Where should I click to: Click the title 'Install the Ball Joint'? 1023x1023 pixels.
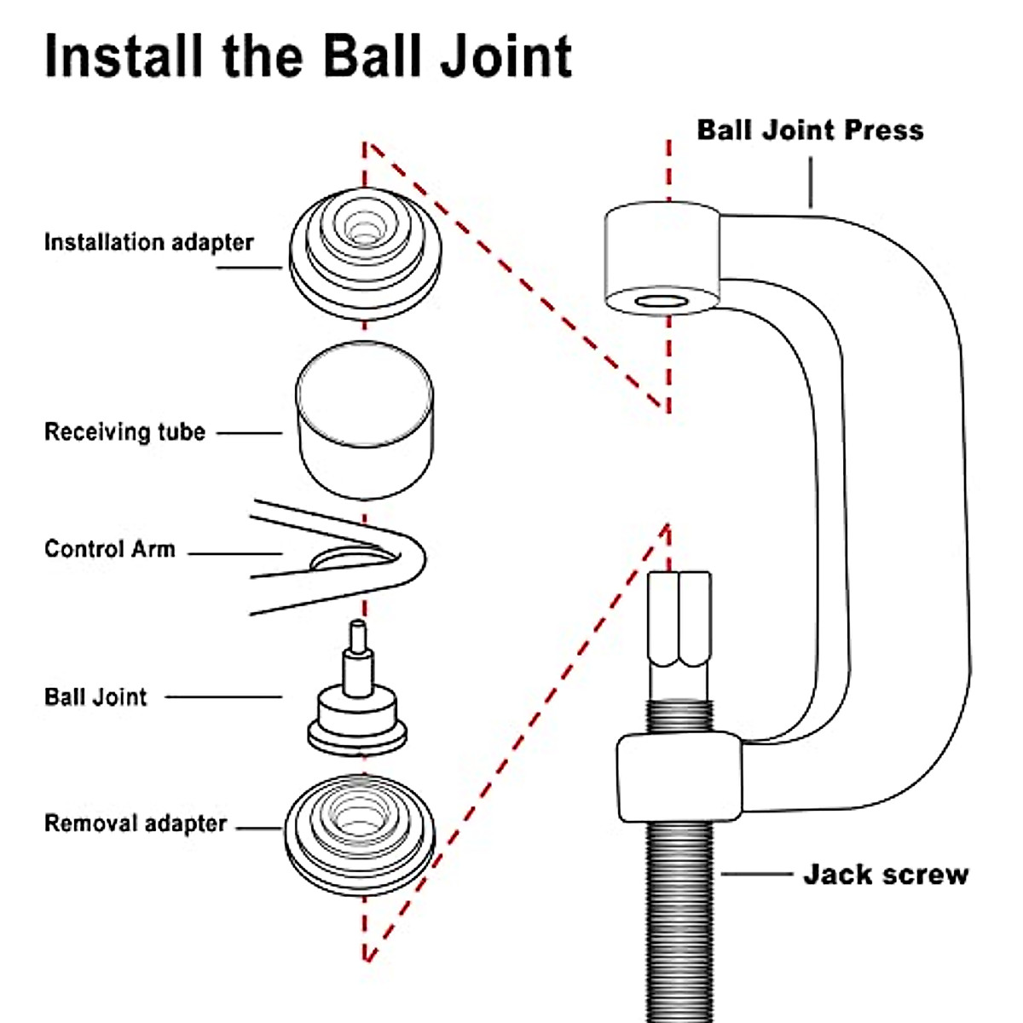pyautogui.click(x=308, y=56)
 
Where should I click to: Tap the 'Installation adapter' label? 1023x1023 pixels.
pyautogui.click(x=148, y=242)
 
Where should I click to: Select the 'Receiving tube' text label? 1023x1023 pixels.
pyautogui.click(x=124, y=431)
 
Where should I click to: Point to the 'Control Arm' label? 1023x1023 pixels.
pyautogui.click(x=109, y=548)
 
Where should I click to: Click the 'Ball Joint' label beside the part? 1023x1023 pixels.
pyautogui.click(x=95, y=696)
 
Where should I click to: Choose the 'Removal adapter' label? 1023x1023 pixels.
pyautogui.click(x=136, y=824)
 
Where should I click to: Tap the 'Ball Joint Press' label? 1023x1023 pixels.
pyautogui.click(x=810, y=130)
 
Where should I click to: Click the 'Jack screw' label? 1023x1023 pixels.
pyautogui.click(x=886, y=875)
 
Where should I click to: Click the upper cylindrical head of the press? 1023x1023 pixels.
pyautogui.click(x=662, y=256)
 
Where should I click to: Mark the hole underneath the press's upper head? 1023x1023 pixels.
pyautogui.click(x=662, y=302)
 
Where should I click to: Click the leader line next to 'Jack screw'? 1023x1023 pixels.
pyautogui.click(x=757, y=874)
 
